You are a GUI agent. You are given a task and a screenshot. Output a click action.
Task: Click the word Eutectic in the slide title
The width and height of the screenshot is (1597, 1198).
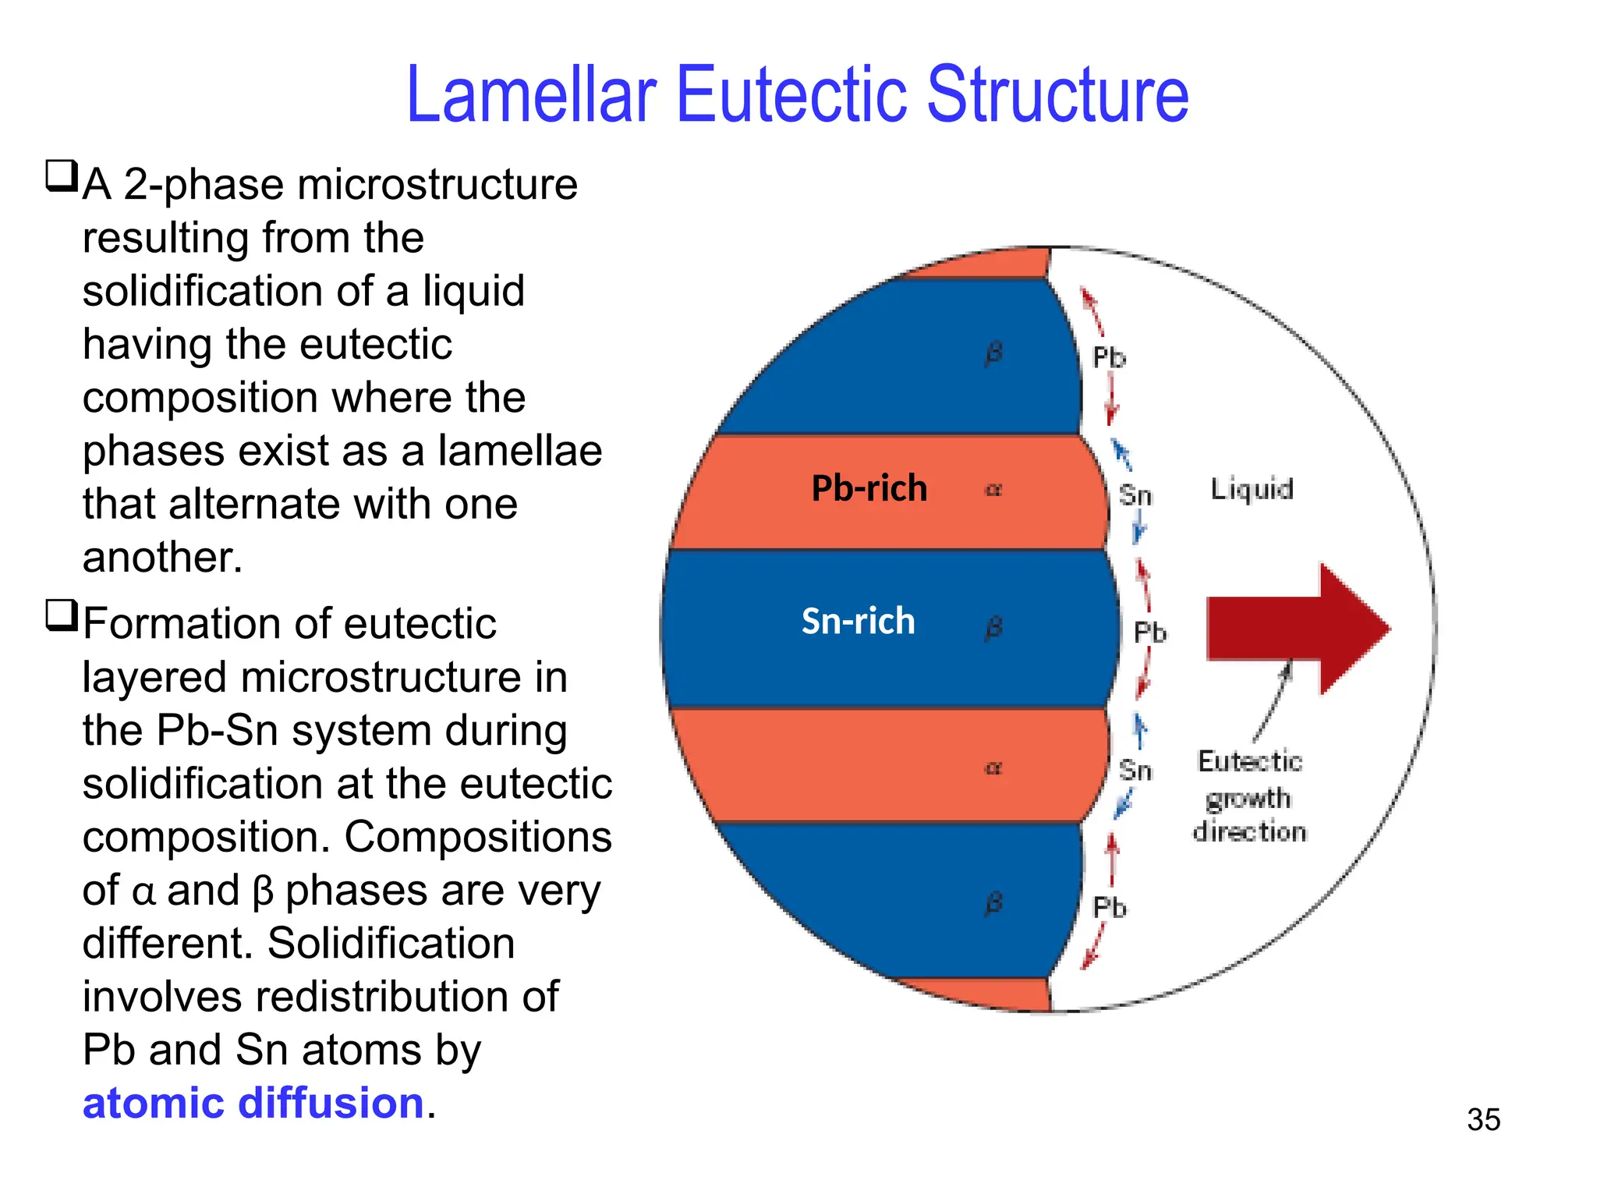791,95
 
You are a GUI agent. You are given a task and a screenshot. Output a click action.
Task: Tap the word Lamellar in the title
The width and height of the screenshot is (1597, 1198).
531,95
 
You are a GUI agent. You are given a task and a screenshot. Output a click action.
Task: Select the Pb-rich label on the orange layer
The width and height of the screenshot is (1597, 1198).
869,489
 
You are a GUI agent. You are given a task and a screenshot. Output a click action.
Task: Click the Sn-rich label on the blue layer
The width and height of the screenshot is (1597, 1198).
858,622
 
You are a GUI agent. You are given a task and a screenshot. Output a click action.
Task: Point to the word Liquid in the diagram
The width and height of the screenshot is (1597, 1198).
1252,490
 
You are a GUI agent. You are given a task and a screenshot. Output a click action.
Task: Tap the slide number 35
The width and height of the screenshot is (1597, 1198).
1483,1120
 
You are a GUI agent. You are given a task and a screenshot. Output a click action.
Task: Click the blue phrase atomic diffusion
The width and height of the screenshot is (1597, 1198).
253,1103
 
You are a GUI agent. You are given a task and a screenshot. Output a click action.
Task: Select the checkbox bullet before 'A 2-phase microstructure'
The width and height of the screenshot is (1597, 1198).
62,176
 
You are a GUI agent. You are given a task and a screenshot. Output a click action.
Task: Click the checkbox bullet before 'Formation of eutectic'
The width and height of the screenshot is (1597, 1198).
62,615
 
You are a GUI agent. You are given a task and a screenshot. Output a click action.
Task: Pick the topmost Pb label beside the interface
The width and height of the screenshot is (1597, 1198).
1109,358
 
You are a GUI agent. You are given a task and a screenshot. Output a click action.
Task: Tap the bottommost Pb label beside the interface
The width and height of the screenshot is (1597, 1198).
1109,908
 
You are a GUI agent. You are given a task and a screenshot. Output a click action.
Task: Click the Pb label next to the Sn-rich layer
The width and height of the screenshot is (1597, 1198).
1149,633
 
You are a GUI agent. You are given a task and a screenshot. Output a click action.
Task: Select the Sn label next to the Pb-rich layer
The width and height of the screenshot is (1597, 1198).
1135,495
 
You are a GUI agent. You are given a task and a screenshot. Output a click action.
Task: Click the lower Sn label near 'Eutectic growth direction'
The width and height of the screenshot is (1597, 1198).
1135,771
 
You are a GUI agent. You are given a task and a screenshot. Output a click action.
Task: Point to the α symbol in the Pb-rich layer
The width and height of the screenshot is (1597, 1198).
993,490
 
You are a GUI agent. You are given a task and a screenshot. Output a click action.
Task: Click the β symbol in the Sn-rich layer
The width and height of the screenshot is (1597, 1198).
993,628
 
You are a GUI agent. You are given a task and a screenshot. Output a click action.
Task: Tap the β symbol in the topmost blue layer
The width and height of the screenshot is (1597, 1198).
993,353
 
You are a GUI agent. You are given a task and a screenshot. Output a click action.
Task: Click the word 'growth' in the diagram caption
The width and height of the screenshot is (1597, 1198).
1248,799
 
